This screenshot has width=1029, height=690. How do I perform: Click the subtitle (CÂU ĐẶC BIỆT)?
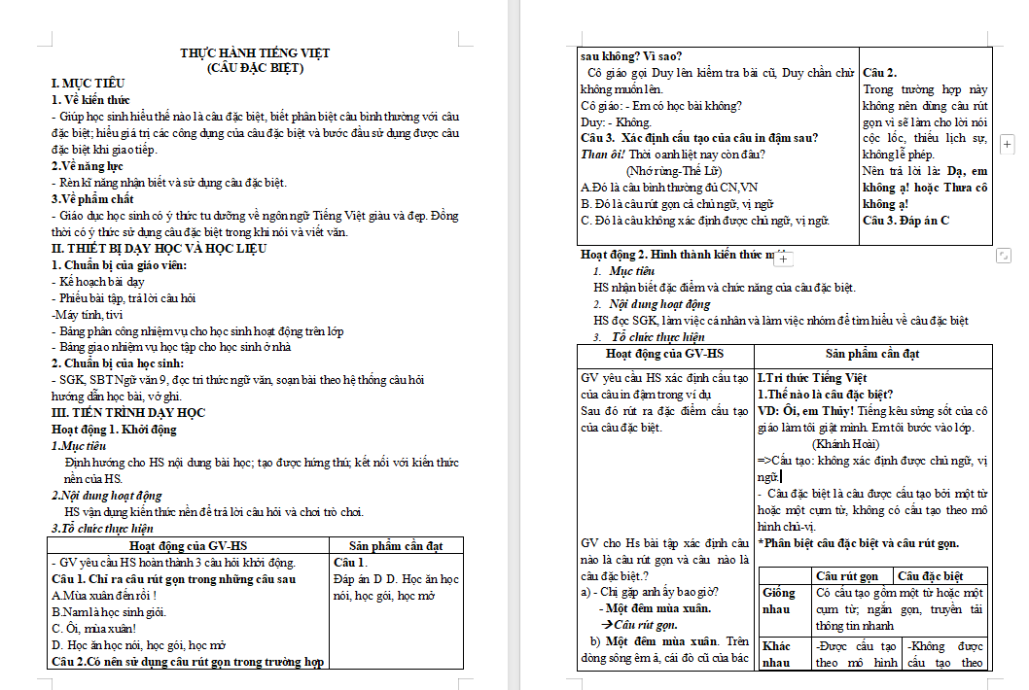(256, 68)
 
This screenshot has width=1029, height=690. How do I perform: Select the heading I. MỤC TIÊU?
(88, 84)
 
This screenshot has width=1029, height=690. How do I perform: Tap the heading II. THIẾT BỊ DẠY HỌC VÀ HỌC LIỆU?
(158, 249)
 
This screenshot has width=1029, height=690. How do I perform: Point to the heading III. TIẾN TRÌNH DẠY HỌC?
(128, 413)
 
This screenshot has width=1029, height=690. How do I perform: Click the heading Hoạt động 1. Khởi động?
(114, 430)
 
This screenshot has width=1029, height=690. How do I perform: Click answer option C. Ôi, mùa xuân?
(92, 629)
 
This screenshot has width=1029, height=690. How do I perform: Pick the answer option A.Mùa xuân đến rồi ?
(104, 596)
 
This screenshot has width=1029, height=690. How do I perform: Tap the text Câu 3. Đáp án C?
(905, 221)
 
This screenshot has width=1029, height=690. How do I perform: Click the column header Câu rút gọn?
(848, 576)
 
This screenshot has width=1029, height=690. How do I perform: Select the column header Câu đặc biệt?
(930, 576)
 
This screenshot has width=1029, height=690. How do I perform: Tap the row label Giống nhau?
(779, 601)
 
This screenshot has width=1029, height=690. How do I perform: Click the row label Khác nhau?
(777, 654)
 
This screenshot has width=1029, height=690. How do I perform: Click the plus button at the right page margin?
(1008, 144)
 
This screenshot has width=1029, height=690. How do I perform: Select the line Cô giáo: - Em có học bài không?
(661, 106)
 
